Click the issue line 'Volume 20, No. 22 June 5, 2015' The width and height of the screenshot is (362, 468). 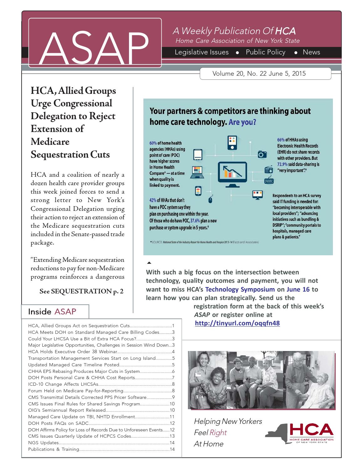259,74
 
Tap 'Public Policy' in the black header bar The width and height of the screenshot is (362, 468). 266,53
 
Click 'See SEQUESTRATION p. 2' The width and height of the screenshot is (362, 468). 81,292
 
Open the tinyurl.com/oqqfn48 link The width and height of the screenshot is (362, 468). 237,323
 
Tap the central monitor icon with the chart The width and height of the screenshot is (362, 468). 232,174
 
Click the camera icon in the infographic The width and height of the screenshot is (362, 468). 262,154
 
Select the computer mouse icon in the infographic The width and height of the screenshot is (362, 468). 211,199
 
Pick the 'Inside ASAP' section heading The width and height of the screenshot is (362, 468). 52,312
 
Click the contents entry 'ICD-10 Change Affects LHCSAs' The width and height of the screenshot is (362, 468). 63,384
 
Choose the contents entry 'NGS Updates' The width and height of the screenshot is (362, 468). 43,443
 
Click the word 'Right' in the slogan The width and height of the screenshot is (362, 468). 218,433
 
